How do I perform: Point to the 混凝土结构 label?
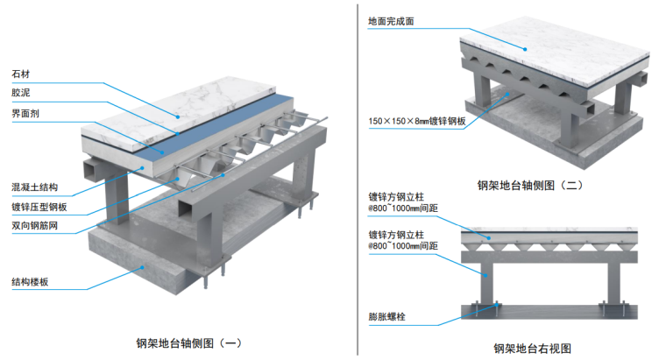[32, 188]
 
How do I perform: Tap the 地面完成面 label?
[394, 18]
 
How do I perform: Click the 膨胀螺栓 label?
[383, 318]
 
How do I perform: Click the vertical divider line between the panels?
[357, 175]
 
